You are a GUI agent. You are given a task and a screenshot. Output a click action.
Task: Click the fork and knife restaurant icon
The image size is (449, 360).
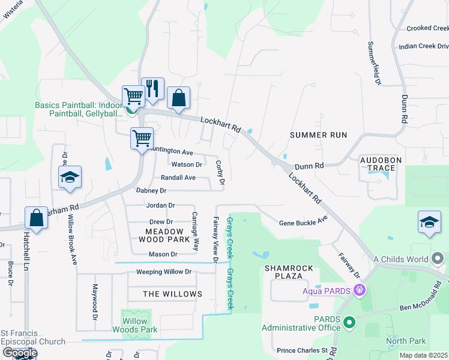click(x=152, y=89)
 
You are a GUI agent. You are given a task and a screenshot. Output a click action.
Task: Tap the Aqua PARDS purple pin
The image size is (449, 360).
click(x=360, y=290)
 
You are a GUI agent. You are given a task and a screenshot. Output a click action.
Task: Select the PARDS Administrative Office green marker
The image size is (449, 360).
click(x=349, y=323)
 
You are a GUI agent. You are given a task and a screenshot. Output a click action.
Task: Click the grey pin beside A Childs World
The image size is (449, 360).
click(x=438, y=259)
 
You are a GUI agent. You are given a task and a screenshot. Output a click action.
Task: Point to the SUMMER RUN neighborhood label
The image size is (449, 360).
click(x=318, y=135)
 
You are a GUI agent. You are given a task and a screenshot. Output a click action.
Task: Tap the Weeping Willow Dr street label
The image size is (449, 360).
click(x=163, y=272)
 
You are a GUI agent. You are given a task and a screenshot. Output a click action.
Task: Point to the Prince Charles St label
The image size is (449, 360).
click(x=302, y=350)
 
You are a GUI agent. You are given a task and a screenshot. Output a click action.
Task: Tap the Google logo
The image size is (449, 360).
click(x=19, y=353)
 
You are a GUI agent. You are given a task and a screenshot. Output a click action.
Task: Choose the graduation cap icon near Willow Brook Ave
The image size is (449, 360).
click(x=70, y=177)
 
